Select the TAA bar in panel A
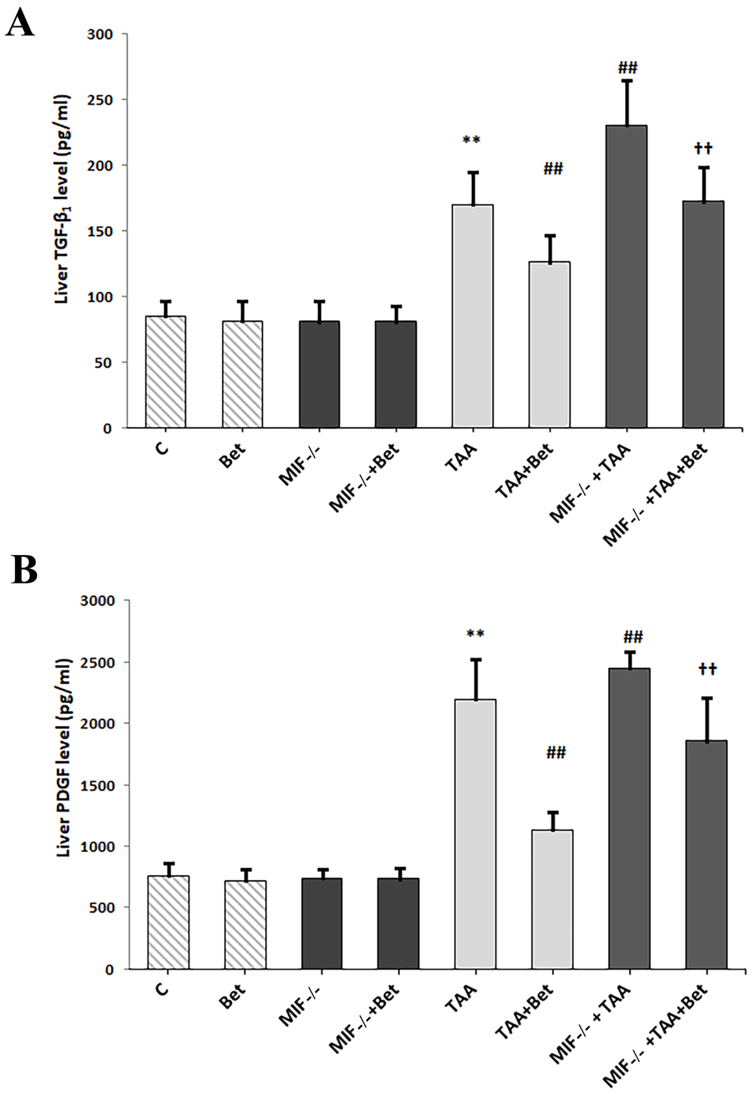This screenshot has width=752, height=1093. pyautogui.click(x=473, y=316)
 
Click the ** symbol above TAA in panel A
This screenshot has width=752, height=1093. pyautogui.click(x=471, y=140)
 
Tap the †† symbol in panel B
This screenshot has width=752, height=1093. pyautogui.click(x=707, y=669)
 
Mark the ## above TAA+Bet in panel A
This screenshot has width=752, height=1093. pyautogui.click(x=553, y=169)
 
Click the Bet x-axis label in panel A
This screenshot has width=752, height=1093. pyautogui.click(x=232, y=455)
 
